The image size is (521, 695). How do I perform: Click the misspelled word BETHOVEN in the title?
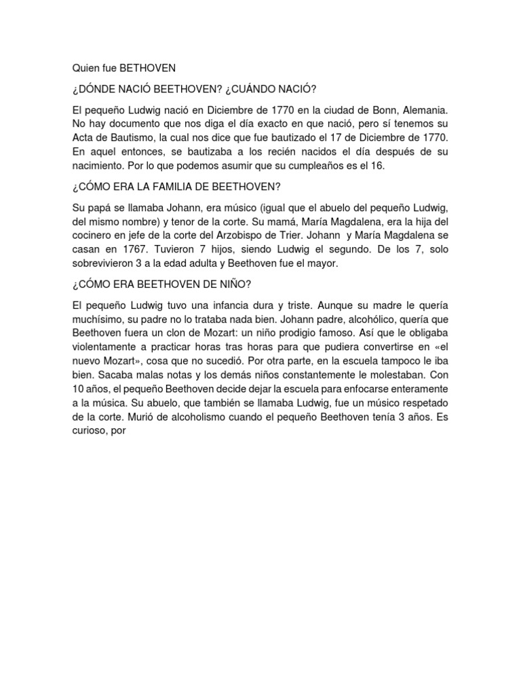[x=151, y=68]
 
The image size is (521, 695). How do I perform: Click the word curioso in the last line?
[x=91, y=433]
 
